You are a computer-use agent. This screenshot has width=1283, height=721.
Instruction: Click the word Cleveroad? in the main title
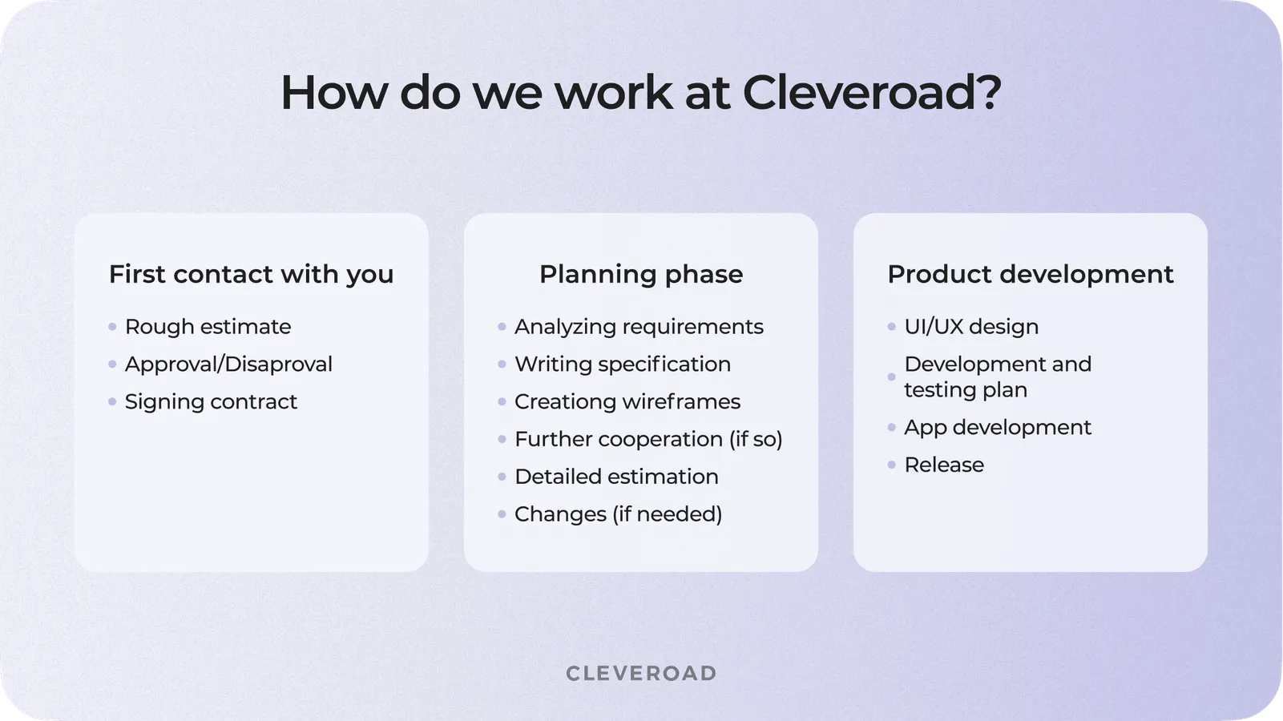pyautogui.click(x=872, y=93)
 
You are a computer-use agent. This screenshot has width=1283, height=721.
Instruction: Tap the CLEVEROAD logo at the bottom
pyautogui.click(x=641, y=673)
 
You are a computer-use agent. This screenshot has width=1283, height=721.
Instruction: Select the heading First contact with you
pyautogui.click(x=251, y=274)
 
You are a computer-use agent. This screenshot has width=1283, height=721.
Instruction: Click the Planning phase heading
pyautogui.click(x=641, y=274)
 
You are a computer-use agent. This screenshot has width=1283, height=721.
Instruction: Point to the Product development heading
pyautogui.click(x=1030, y=274)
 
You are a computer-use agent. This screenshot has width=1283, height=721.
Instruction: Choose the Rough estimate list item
pyautogui.click(x=208, y=327)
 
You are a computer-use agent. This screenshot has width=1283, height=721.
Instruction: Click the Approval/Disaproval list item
pyautogui.click(x=228, y=365)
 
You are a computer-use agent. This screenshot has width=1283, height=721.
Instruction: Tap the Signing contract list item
pyautogui.click(x=211, y=401)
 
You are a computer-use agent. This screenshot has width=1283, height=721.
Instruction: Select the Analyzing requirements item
pyautogui.click(x=639, y=327)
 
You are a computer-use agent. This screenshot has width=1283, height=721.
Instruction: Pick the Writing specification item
pyautogui.click(x=623, y=365)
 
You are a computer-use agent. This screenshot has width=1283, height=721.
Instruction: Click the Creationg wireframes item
pyautogui.click(x=627, y=401)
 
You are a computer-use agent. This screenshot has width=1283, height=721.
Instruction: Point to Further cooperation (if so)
pyautogui.click(x=648, y=439)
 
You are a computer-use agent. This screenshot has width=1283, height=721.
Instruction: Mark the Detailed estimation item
pyautogui.click(x=616, y=477)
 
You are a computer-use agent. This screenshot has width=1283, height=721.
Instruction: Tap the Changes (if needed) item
pyautogui.click(x=618, y=514)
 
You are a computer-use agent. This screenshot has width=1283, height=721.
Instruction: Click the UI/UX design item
pyautogui.click(x=971, y=327)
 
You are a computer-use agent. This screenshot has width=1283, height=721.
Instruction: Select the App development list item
pyautogui.click(x=998, y=428)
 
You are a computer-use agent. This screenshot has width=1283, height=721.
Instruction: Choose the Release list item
pyautogui.click(x=944, y=465)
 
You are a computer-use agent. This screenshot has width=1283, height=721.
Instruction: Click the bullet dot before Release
pyautogui.click(x=892, y=465)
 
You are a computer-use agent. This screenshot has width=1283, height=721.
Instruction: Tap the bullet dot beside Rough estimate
pyautogui.click(x=112, y=327)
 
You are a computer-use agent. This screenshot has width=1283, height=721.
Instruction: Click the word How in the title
pyautogui.click(x=333, y=93)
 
